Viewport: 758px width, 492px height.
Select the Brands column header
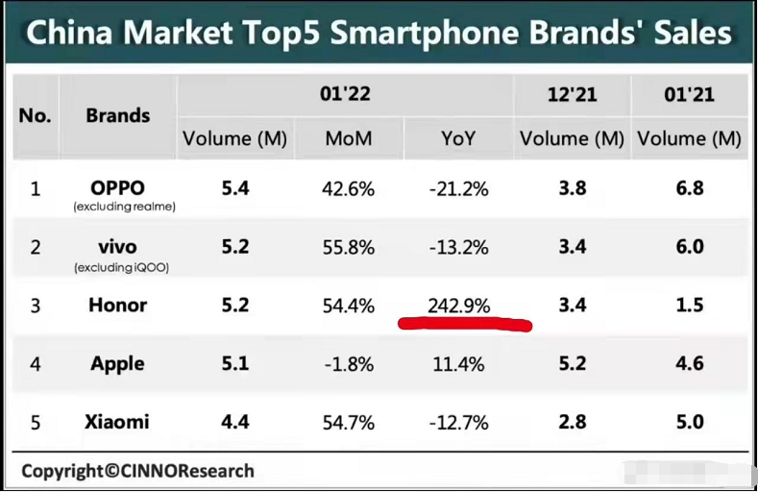(x=118, y=115)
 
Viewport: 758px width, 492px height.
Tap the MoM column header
(x=349, y=138)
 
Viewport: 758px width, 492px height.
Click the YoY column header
(x=458, y=138)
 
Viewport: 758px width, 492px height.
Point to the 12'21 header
(x=573, y=94)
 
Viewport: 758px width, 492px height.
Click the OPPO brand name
(x=117, y=187)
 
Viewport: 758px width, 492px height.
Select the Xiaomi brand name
(x=117, y=422)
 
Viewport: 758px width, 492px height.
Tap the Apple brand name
(x=117, y=363)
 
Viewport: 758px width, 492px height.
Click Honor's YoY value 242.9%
(x=458, y=306)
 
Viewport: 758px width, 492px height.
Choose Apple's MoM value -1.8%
(x=349, y=364)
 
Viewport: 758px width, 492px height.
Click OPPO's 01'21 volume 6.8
(x=689, y=188)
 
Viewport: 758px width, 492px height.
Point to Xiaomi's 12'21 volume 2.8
(x=573, y=422)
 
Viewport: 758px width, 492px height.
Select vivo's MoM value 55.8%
(x=349, y=247)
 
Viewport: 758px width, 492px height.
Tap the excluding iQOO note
(x=121, y=268)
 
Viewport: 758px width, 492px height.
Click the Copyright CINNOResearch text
(x=138, y=471)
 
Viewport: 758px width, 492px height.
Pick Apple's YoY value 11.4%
(x=458, y=364)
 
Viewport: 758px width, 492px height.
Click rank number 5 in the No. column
(x=36, y=422)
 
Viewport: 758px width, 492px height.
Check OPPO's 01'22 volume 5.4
(x=235, y=188)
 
